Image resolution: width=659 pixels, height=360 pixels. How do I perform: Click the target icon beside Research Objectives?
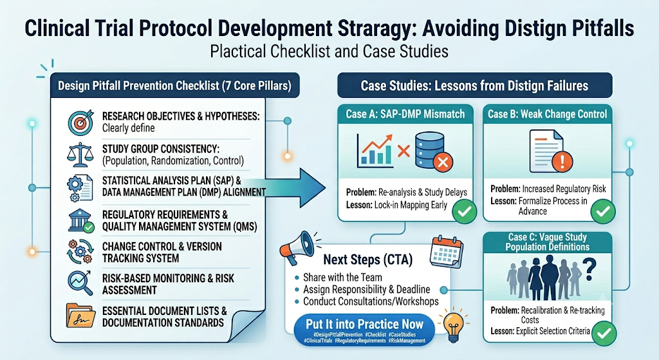click(80, 122)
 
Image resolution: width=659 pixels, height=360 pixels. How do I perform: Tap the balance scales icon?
click(80, 155)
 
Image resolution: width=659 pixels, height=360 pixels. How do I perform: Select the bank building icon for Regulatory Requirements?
click(80, 221)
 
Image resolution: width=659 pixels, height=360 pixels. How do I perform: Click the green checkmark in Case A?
click(465, 211)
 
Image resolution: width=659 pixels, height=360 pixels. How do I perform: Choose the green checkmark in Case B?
click(602, 211)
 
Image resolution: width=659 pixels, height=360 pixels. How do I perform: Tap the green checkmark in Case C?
click(604, 333)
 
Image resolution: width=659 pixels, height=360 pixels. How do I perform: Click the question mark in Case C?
click(589, 270)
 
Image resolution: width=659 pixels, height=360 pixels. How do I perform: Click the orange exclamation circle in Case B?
click(562, 161)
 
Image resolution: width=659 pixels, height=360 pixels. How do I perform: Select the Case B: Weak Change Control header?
click(547, 114)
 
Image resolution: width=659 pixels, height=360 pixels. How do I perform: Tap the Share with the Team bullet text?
click(342, 278)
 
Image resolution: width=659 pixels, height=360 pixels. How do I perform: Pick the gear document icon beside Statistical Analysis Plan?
click(80, 188)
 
